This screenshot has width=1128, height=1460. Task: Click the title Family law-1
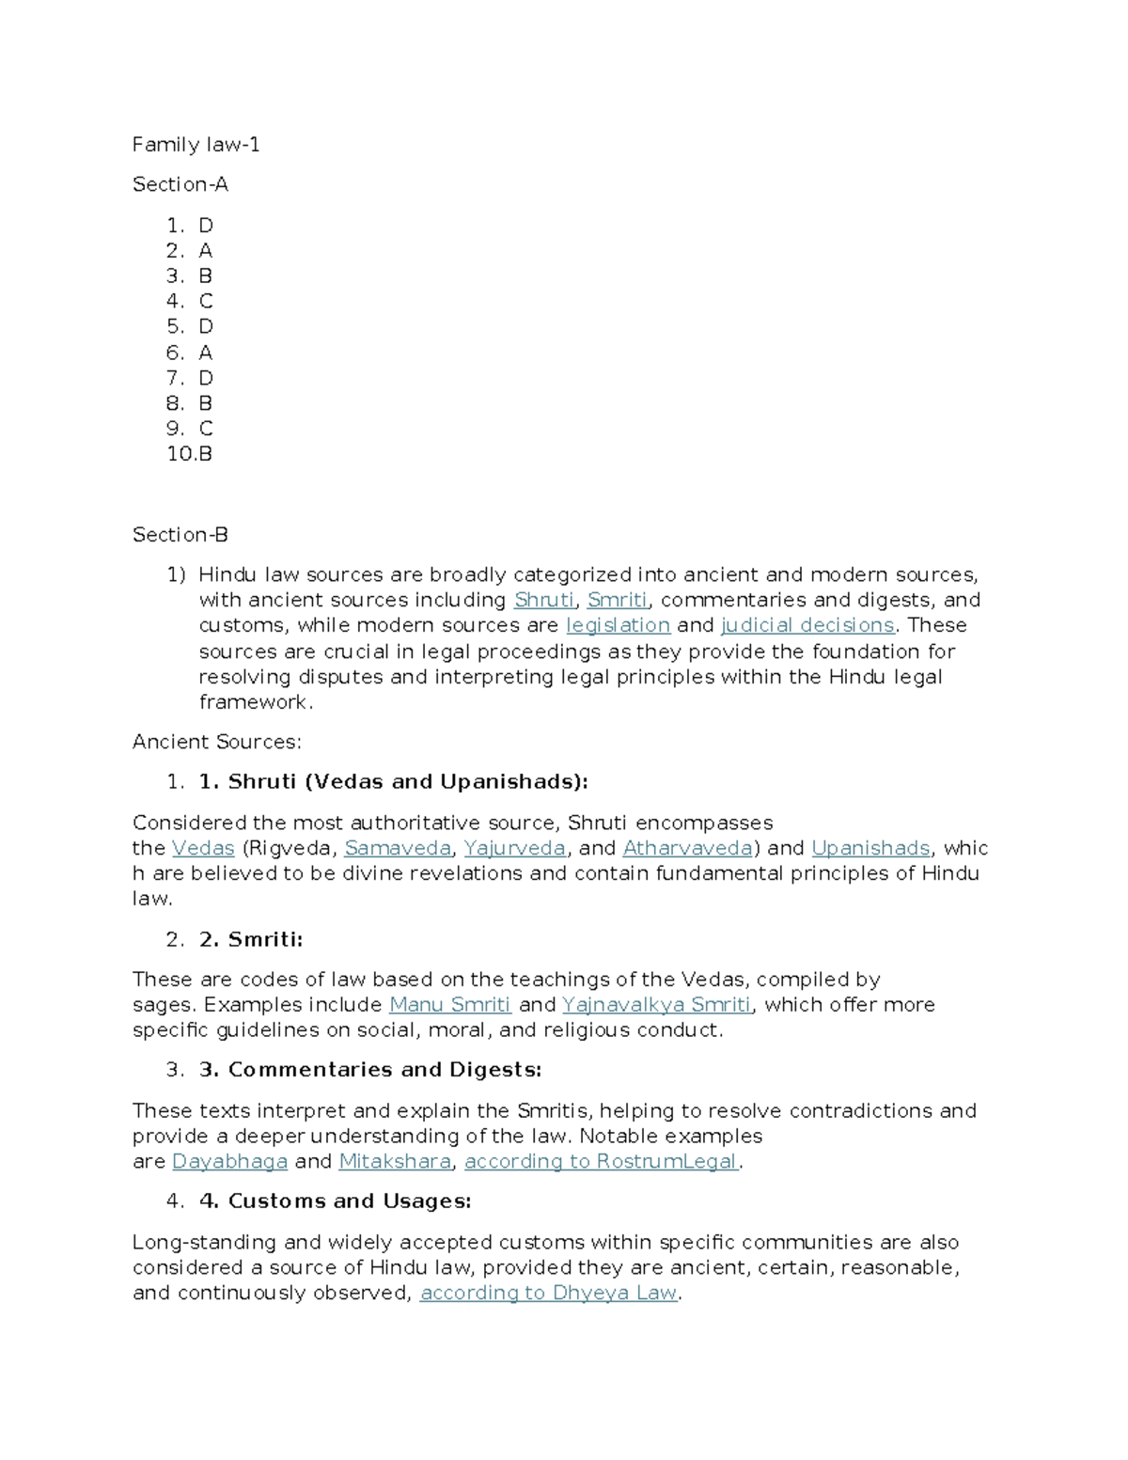[x=196, y=144]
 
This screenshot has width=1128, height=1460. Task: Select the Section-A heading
[x=180, y=184]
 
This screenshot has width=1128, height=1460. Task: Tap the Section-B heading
[x=180, y=534]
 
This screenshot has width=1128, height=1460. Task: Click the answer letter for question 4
[x=206, y=301]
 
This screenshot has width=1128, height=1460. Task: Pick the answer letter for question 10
[x=205, y=453]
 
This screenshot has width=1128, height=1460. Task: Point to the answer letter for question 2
[x=205, y=250]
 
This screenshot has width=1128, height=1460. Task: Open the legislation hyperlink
[x=618, y=625]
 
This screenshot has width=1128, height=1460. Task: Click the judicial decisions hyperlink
[x=807, y=625]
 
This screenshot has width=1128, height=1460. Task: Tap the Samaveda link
[x=398, y=848]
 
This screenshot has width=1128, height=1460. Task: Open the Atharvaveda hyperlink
[x=687, y=848]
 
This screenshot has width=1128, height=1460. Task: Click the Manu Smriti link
[x=449, y=1004]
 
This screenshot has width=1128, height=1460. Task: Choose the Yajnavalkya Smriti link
[x=656, y=1004]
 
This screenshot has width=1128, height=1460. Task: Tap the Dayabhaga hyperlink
[x=229, y=1161]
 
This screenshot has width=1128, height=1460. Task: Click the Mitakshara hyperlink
[x=395, y=1161]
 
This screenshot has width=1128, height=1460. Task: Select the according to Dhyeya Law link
[x=548, y=1293]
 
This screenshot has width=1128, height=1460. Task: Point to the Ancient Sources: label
[x=216, y=742]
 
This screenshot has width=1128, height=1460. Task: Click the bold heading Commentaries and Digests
[x=370, y=1070]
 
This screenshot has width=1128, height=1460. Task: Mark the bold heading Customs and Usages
[x=336, y=1201]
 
